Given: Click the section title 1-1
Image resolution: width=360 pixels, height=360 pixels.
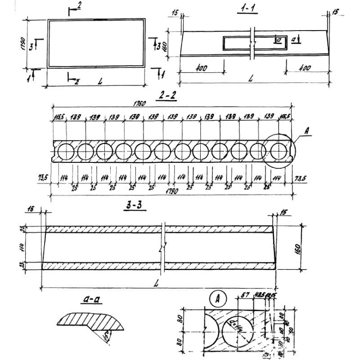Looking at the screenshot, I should (x=247, y=9).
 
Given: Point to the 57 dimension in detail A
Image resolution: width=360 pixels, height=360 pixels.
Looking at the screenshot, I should (x=246, y=295).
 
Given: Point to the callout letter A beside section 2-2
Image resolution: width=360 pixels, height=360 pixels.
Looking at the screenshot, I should (x=307, y=131).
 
